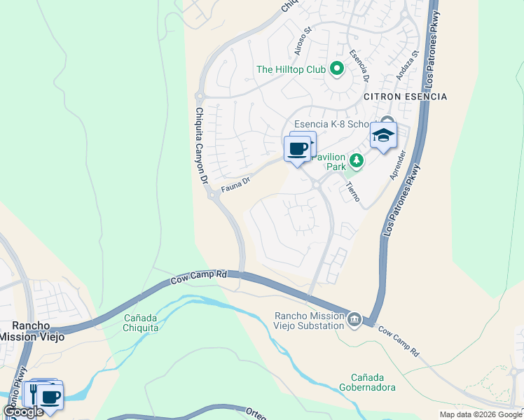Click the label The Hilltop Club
click(x=291, y=69)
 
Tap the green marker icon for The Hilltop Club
click(x=336, y=69)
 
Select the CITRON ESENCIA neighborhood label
click(x=405, y=96)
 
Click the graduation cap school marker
click(x=383, y=136)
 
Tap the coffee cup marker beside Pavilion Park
click(x=298, y=150)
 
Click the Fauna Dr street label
click(x=235, y=184)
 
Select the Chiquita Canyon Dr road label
click(x=202, y=146)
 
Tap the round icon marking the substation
click(x=354, y=320)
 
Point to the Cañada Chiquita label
click(x=141, y=321)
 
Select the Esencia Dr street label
click(x=359, y=62)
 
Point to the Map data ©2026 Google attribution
click(x=481, y=414)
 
